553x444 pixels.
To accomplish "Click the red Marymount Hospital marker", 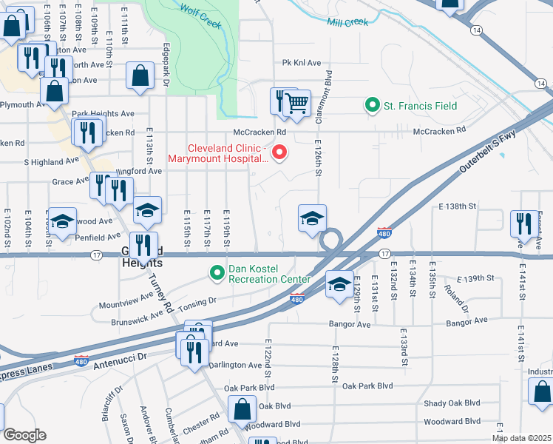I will tap(279, 153).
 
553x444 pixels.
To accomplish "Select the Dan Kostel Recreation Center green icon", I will tap(217, 273).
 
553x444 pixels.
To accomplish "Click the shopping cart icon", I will tap(297, 103).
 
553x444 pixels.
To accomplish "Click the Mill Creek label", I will tap(347, 22).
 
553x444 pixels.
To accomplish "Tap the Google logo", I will tap(24, 435).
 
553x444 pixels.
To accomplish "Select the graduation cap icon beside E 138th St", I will tap(312, 218).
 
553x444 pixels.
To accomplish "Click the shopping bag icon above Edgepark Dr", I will tap(139, 75).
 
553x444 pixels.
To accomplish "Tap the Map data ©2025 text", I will tap(521, 438).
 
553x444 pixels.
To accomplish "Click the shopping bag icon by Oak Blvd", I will tap(242, 408).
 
